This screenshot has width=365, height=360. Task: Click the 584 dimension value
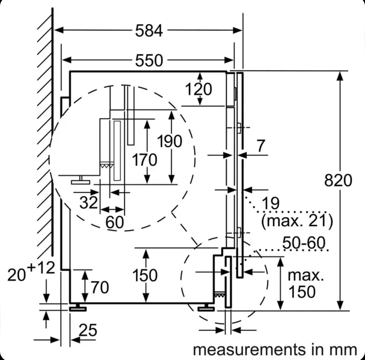pos(149,31)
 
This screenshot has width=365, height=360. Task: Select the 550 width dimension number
pos(149,60)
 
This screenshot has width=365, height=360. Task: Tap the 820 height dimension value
pos(338,180)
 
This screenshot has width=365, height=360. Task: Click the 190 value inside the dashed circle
pos(169,141)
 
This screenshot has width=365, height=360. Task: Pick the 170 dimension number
pos(144,160)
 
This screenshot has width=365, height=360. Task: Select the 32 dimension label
pos(88,202)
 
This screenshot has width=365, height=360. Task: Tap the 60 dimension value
pos(115,222)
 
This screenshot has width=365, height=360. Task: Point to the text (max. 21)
pos(297,221)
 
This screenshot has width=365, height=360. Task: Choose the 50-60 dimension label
pos(304,243)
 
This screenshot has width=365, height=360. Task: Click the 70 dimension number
pos(100,288)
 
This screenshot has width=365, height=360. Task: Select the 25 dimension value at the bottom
pos(88,330)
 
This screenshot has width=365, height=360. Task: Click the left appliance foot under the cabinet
pos(78,308)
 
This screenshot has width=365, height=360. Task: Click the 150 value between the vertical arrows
pos(145,275)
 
